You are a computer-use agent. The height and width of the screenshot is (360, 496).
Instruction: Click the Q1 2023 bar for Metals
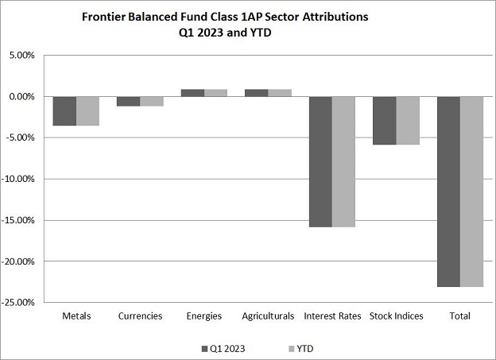[x=64, y=111]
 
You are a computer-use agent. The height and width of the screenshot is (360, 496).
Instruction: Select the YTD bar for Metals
[x=87, y=111]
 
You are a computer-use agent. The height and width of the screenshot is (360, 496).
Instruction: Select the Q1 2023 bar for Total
[x=448, y=192]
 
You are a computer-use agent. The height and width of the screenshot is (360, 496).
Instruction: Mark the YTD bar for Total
[x=471, y=192]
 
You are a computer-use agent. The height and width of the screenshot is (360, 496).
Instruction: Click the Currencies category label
[x=140, y=316]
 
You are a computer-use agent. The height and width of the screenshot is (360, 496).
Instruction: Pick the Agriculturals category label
[x=268, y=316]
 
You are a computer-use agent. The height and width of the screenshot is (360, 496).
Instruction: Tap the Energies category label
[x=204, y=316]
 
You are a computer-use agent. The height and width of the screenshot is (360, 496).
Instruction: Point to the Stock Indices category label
[x=396, y=316]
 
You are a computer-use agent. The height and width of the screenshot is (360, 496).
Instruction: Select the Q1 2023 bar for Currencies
[x=129, y=102]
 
